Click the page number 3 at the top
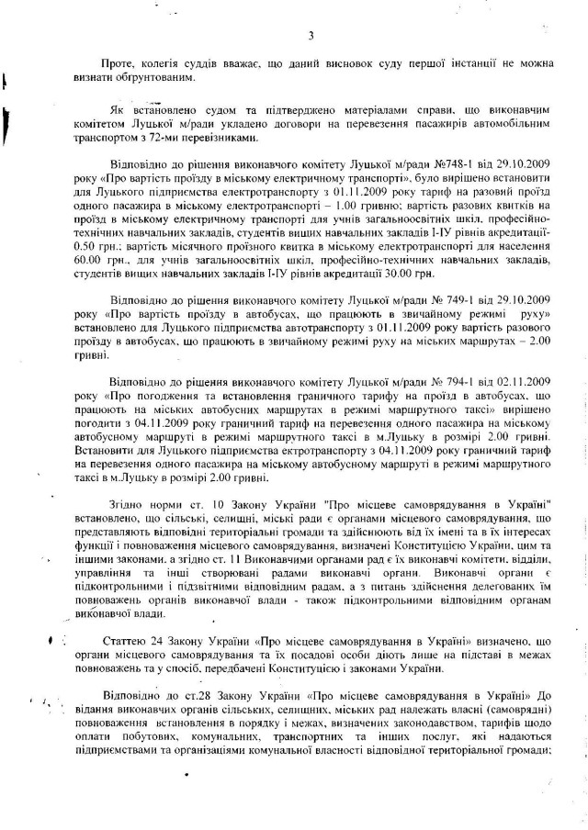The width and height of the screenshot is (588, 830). (311, 36)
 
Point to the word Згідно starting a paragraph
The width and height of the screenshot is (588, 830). (130, 504)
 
